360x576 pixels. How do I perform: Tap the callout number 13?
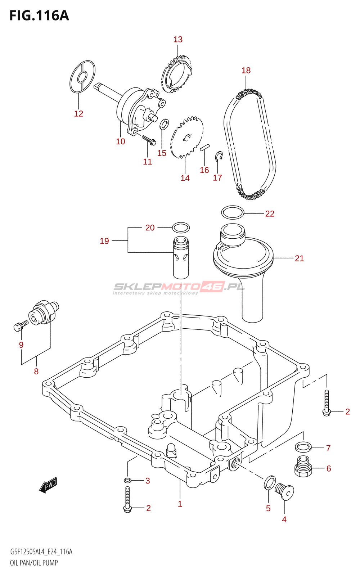pyautogui.click(x=178, y=39)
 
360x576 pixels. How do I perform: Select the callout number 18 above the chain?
pyautogui.click(x=246, y=70)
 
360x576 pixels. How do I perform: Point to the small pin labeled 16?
pyautogui.click(x=204, y=147)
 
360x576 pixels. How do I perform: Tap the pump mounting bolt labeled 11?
pyautogui.click(x=148, y=140)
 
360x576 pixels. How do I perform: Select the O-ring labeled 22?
pyautogui.click(x=233, y=212)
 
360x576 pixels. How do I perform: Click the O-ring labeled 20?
pyautogui.click(x=181, y=228)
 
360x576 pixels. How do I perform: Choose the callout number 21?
pyautogui.click(x=299, y=258)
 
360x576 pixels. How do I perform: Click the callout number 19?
pyautogui.click(x=104, y=241)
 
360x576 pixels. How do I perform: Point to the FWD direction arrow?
pyautogui.click(x=48, y=485)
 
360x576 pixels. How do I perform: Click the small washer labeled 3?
pyautogui.click(x=127, y=480)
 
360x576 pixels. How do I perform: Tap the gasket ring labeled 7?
pyautogui.click(x=303, y=447)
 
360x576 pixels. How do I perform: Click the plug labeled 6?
pyautogui.click(x=303, y=468)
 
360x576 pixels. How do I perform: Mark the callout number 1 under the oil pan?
pyautogui.click(x=180, y=504)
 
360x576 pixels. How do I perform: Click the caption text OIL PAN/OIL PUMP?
pyautogui.click(x=34, y=563)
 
